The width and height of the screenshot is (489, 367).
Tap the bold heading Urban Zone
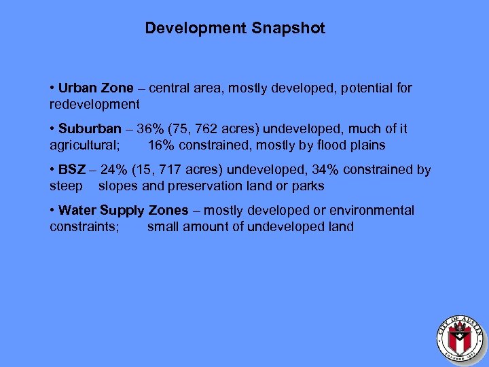point(96,88)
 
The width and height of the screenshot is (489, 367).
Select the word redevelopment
point(94,105)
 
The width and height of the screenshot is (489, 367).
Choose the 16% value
point(161,145)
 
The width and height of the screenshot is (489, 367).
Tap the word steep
point(66,186)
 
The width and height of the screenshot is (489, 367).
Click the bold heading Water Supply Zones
point(126,211)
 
